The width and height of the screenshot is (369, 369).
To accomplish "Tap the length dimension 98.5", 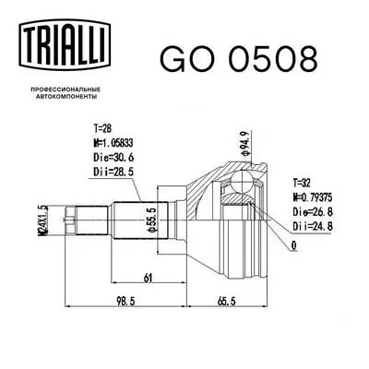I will click(112, 301).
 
